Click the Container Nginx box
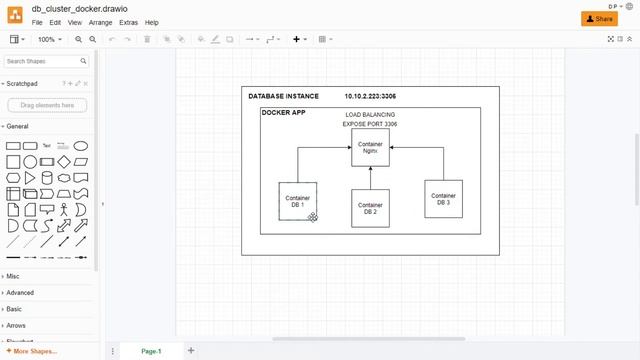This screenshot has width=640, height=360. tap(369, 147)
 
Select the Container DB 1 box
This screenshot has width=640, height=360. tap(297, 201)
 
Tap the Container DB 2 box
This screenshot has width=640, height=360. tap(370, 208)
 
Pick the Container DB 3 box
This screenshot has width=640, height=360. tap(443, 199)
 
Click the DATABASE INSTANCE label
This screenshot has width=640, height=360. tap(284, 97)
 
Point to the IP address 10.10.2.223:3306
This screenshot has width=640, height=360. tap(370, 97)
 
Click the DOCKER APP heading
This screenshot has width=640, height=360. tap(284, 113)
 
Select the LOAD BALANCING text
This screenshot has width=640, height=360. tap(370, 115)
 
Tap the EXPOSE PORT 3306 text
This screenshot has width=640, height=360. tap(370, 124)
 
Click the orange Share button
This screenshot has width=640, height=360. tap(599, 18)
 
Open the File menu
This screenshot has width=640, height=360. tap(37, 22)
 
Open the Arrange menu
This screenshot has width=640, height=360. tap(100, 22)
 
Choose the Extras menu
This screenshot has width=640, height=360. tap(128, 22)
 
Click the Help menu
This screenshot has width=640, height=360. tap(152, 22)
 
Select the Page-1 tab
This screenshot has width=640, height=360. tap(151, 351)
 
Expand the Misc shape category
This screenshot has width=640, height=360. tap(13, 276)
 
